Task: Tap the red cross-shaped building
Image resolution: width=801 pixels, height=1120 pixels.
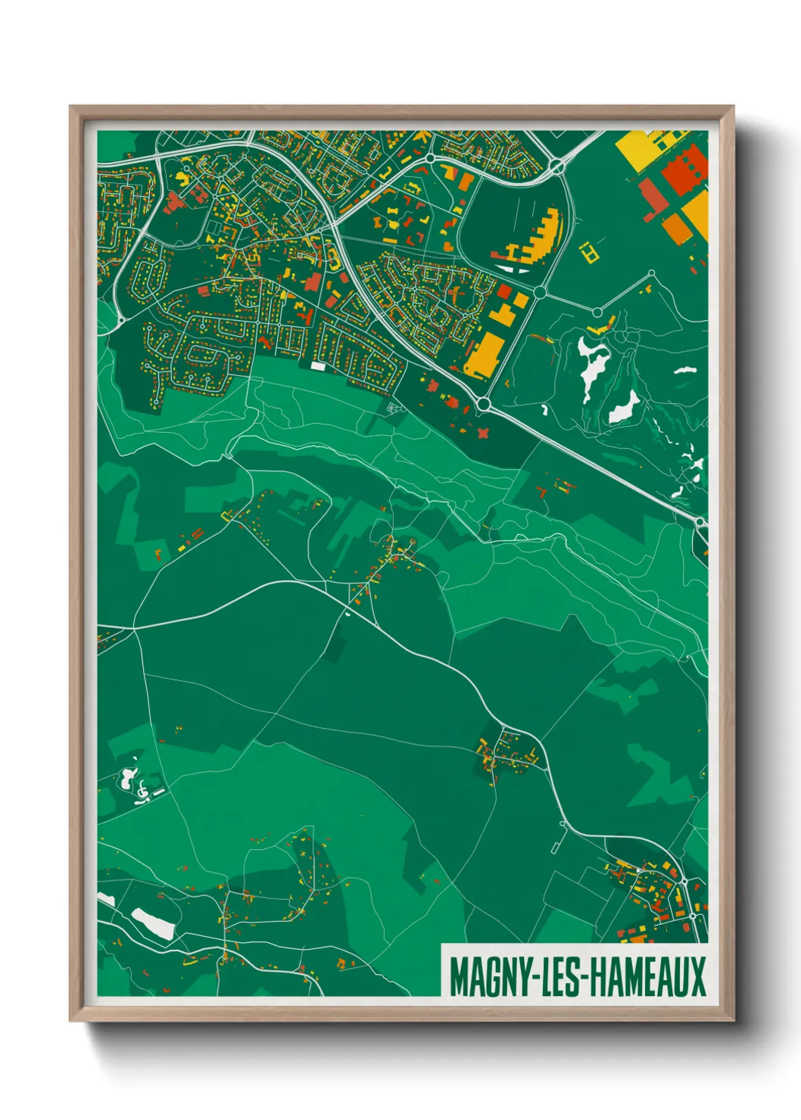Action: [482, 433]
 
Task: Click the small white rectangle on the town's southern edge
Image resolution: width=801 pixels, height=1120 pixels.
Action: [318, 366]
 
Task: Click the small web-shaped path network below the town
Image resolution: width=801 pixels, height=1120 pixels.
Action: [392, 409]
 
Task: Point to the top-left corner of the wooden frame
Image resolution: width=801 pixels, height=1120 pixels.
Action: [71, 107]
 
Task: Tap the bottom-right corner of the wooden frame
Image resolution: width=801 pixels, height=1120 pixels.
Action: [732, 1019]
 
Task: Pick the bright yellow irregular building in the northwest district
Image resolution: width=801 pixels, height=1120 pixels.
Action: [182, 179]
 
